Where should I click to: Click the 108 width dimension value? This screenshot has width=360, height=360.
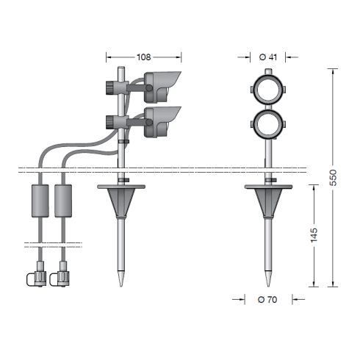coord(143,57)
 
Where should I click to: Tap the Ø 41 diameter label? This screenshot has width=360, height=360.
coord(268,57)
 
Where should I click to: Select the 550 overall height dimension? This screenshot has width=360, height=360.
coord(334,178)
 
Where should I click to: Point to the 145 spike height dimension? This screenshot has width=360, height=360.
coord(314,235)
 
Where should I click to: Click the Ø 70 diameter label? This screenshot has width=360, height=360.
coord(267,299)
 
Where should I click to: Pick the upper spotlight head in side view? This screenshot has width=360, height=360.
coord(162,86)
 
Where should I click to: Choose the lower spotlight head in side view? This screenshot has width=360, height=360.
coord(162,121)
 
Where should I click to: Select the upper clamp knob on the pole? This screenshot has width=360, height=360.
coord(110,87)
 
